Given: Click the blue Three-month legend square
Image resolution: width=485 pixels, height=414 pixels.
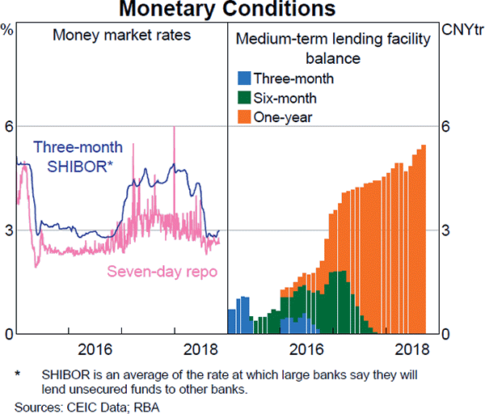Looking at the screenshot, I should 243,78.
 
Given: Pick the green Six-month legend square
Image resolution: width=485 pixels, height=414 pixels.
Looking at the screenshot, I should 243,98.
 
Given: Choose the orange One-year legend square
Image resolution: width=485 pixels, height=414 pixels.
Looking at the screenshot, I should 243,117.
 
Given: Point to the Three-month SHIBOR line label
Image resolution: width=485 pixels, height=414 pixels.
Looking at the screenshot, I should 78,156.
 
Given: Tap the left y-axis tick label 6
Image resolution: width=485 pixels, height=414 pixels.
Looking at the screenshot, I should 10,127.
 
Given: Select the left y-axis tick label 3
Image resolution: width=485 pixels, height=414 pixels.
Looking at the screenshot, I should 10,231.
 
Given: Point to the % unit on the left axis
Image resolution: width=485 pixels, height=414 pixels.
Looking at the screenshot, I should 7,30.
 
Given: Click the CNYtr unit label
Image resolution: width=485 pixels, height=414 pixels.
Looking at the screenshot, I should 462,30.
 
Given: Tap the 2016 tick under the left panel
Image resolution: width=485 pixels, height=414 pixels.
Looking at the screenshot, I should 94,349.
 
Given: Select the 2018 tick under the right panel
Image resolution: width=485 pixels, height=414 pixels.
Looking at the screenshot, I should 413,349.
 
